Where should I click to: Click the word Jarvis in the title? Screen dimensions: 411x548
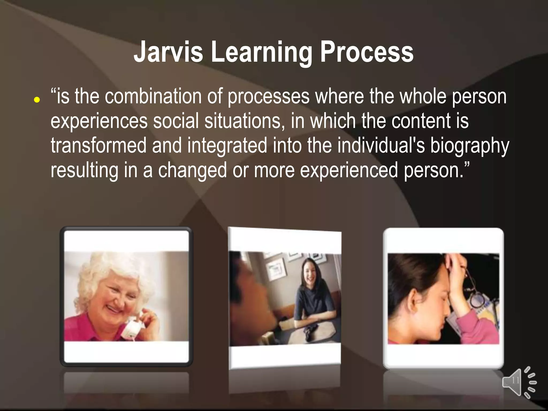point(168,52)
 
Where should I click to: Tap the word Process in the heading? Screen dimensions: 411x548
point(367,52)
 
